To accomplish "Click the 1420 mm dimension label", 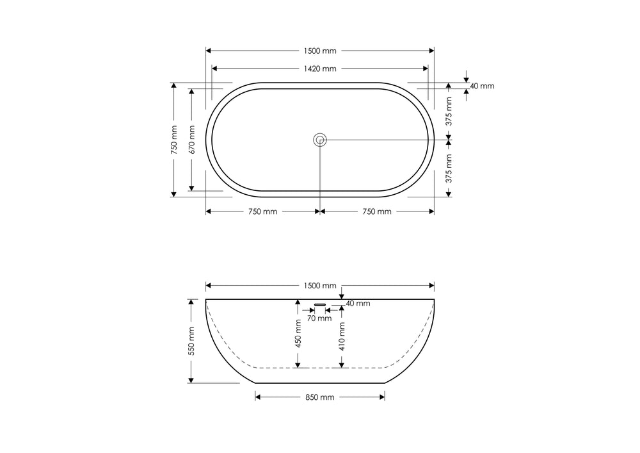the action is click(320, 69).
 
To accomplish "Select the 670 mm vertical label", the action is click(192, 140).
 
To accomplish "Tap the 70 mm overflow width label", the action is click(319, 318).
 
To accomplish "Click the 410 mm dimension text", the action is click(342, 336).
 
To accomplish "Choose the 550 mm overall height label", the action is click(191, 341).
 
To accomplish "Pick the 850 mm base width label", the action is click(320, 397).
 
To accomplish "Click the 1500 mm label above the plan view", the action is click(320, 51).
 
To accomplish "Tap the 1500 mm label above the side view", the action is click(320, 286).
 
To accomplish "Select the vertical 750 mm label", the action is click(174, 140).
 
